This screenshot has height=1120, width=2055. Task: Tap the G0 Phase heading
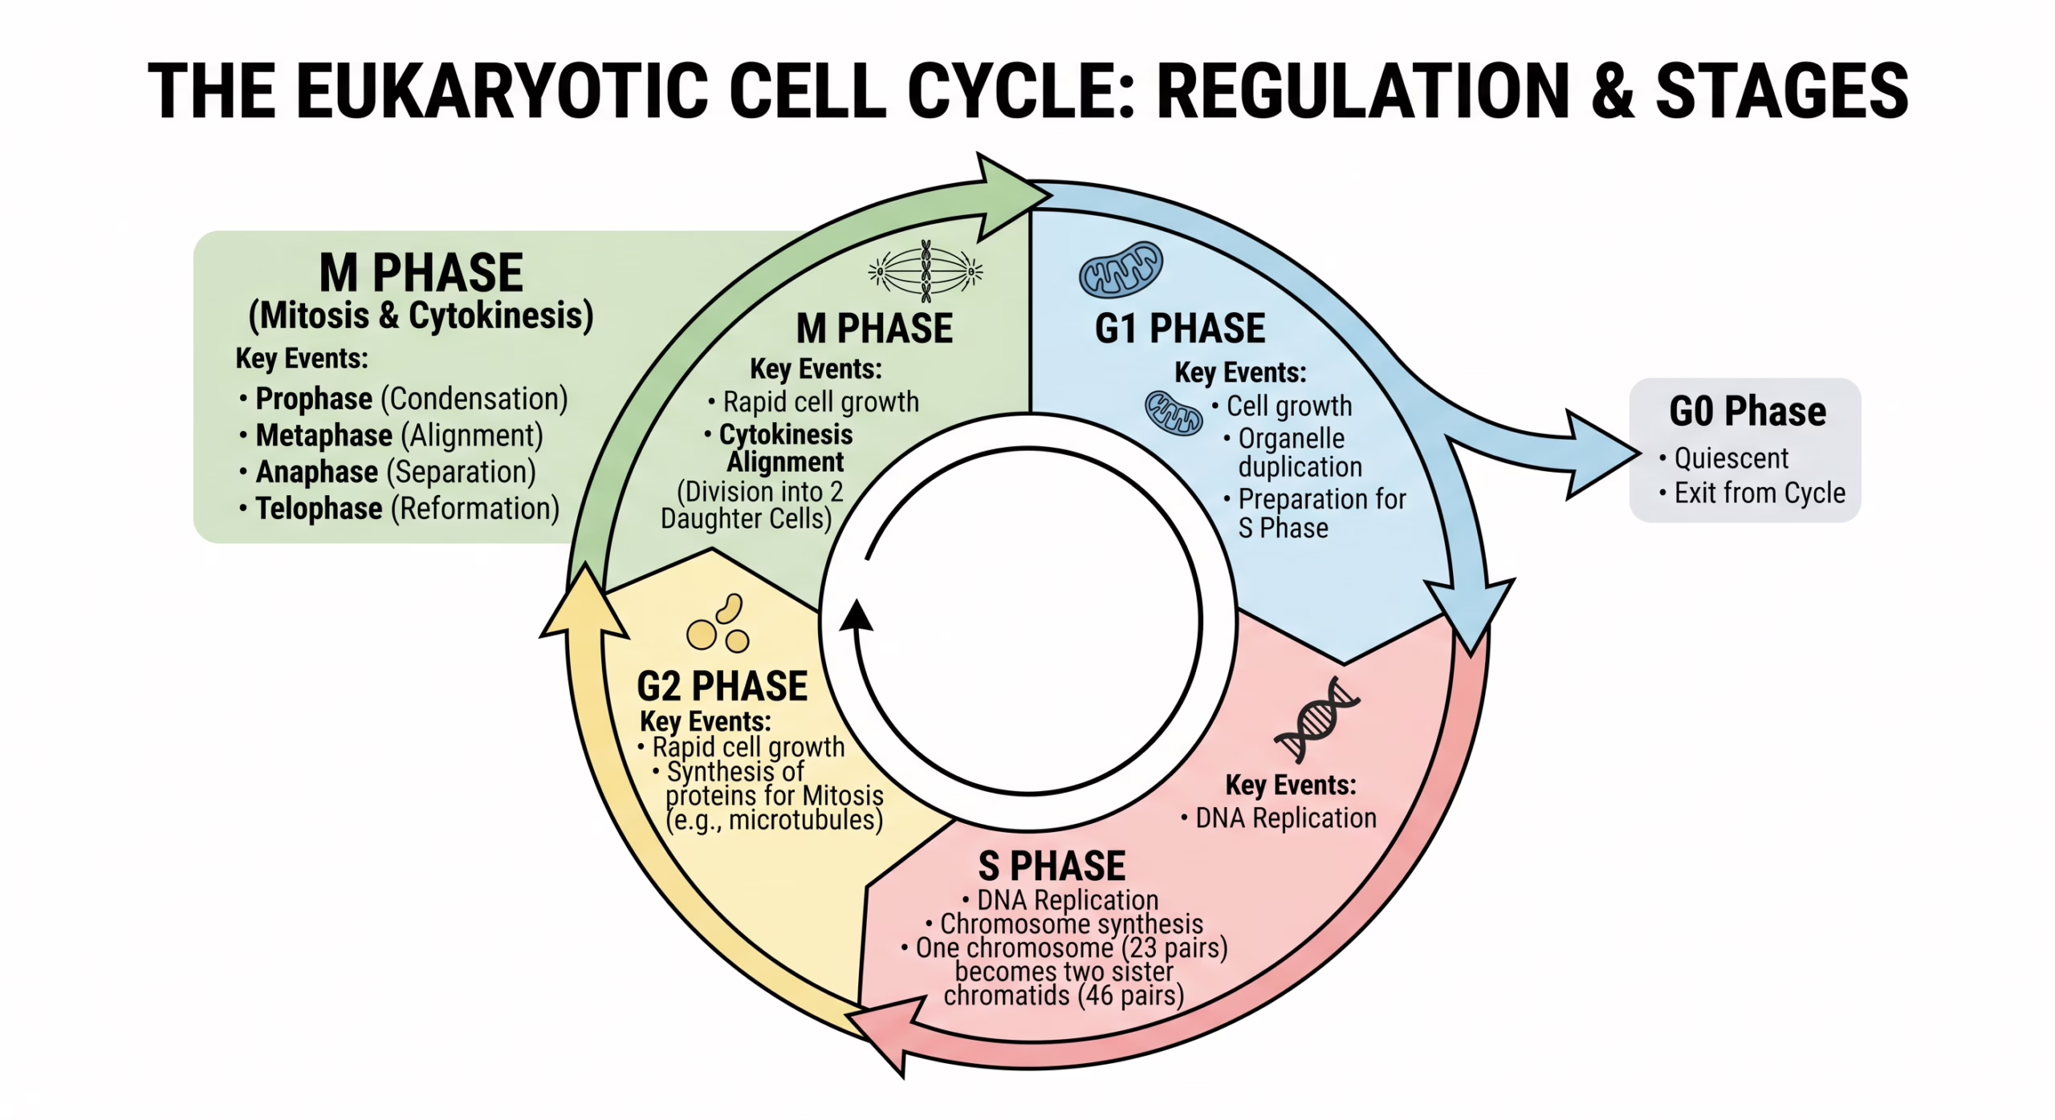[x=1747, y=412]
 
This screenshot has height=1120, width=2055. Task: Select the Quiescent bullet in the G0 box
[x=1730, y=458]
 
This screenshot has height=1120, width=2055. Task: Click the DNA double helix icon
[x=1316, y=718]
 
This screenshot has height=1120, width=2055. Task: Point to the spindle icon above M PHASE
[x=926, y=272]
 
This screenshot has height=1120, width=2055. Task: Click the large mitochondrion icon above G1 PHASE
[x=1121, y=270]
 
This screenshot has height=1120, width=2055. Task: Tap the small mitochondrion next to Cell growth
[x=1173, y=412]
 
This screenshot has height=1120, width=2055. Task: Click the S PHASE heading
[x=1051, y=866]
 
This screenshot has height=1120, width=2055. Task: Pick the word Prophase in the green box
[x=313, y=399]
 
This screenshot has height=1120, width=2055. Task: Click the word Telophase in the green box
[x=318, y=509]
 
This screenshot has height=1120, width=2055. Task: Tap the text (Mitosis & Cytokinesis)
[x=421, y=315]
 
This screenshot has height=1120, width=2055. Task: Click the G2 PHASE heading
[x=722, y=687]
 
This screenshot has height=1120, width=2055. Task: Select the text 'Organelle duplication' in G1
[x=1298, y=452]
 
